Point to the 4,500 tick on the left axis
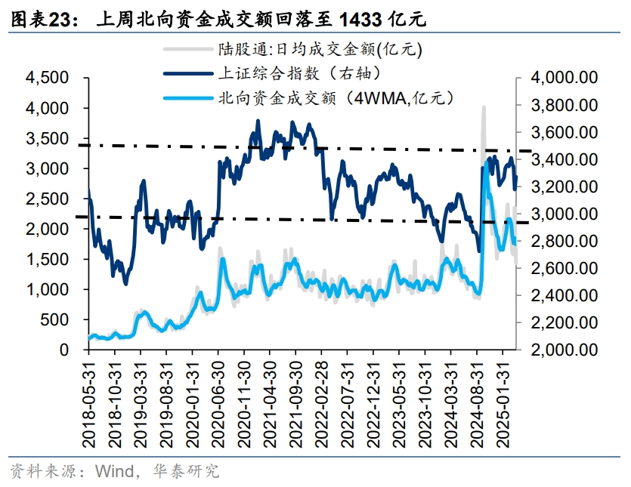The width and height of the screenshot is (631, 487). click(48, 79)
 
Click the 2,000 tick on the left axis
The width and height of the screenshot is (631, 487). click(48, 230)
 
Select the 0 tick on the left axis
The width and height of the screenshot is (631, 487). click(67, 350)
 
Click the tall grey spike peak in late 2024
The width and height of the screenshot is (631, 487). click(483, 108)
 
